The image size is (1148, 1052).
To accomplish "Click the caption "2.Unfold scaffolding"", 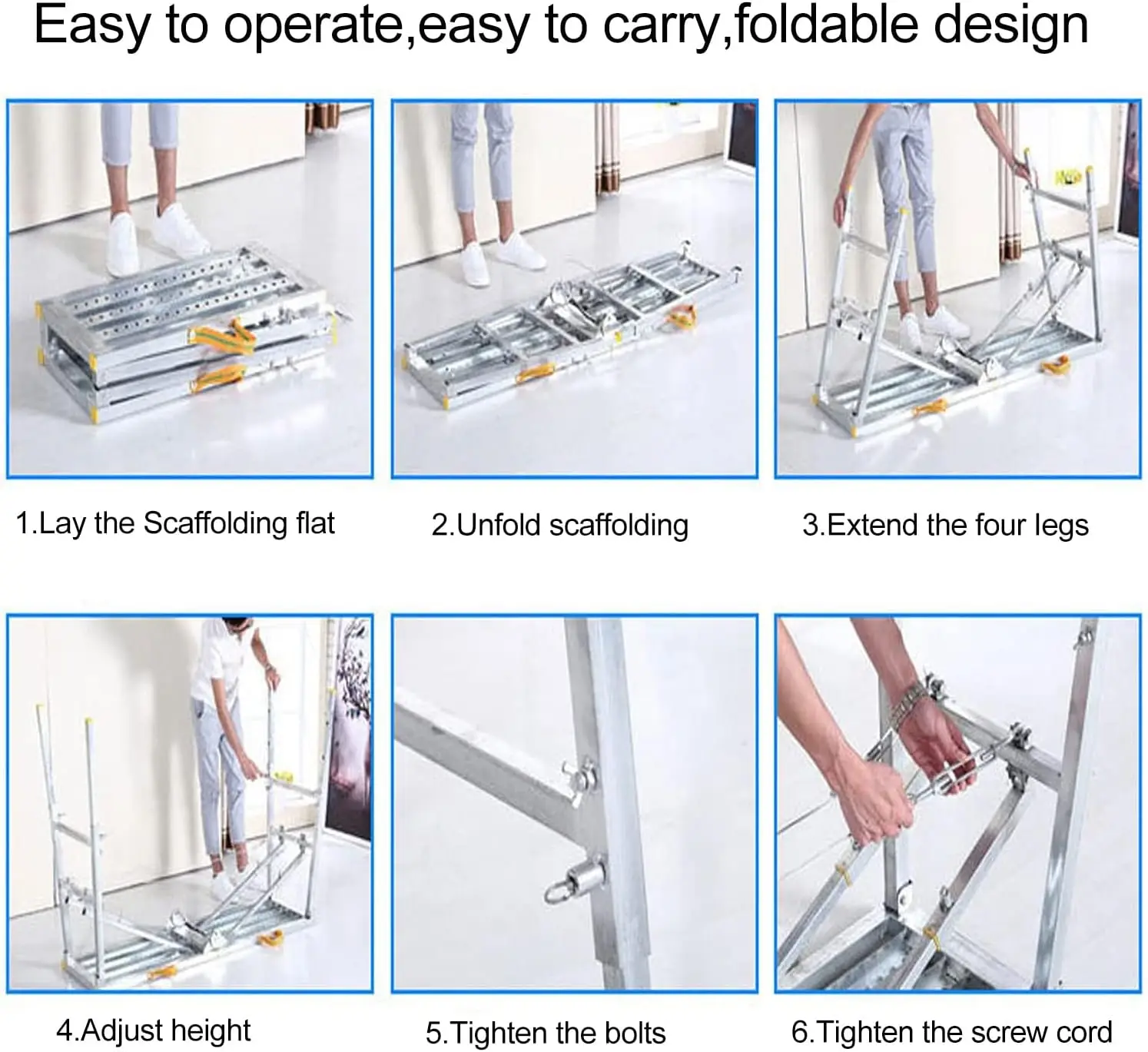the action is click(x=559, y=526).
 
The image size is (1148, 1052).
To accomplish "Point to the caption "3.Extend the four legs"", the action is click(x=945, y=526).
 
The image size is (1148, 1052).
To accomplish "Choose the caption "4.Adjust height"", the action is click(x=154, y=1030).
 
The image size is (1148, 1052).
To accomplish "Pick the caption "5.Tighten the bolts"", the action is click(x=546, y=1033).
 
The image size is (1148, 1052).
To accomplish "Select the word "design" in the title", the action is click(x=1011, y=28).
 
